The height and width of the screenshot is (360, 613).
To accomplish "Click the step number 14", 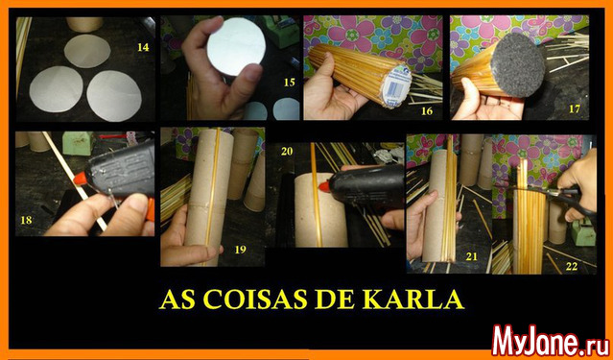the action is pos(143,48).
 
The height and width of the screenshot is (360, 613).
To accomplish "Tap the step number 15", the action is pos(290,83).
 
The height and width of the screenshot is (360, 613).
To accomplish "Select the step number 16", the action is pos(427,111).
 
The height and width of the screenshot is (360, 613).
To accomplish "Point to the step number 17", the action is pos(574,108).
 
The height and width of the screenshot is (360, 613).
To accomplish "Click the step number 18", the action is pos(26,220).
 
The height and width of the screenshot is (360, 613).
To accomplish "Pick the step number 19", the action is pos(240,250).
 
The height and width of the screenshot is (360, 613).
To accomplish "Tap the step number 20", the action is pos(287,152).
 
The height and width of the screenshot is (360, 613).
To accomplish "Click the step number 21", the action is pos(472,256).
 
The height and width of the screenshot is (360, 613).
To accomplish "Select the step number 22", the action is pos(572,267).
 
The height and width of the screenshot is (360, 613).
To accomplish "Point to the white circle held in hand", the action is pos(236,47).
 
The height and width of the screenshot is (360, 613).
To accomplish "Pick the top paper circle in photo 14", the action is pos(87,51).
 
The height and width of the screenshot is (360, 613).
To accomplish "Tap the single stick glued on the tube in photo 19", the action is pos(212,197).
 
